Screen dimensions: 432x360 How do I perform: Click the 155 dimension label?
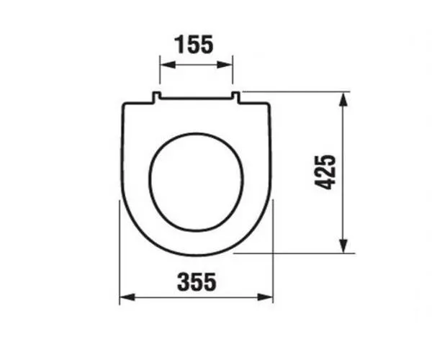tap(194, 45)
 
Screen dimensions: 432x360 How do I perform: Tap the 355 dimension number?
tap(197, 282)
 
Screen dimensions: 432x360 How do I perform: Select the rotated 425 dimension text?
tap(325, 173)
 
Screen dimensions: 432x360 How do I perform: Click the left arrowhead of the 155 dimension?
tap(168, 65)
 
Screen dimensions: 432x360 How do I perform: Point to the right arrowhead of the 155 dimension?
tap(225, 65)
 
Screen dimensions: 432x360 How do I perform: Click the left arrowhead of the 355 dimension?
tap(127, 297)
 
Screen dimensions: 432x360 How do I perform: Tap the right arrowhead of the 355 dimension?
tap(265, 297)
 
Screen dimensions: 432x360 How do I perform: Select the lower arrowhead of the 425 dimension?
tap(343, 245)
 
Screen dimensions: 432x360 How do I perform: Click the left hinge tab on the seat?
tap(156, 97)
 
